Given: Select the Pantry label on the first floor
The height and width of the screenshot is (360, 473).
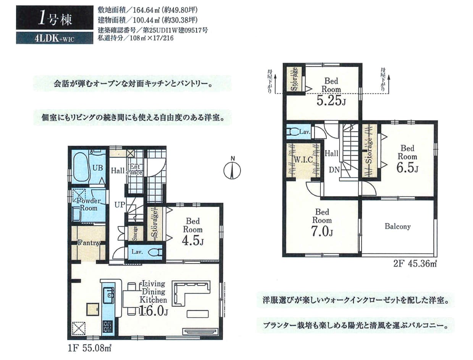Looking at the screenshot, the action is coord(89,243).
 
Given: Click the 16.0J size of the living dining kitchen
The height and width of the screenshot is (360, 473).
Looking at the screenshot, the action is coord(153,311).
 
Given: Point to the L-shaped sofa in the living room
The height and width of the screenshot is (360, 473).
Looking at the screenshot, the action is coord(191,292).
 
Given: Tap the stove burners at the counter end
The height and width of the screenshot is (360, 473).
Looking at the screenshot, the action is coord(108,327).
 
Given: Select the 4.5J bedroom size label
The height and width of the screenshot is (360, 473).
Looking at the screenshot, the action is coord(193,241).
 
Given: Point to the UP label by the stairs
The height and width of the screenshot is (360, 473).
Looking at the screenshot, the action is coord(120,205).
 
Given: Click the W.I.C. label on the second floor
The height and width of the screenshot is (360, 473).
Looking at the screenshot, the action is coord(303,160).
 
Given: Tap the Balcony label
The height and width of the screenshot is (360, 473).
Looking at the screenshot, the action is coord(397,226).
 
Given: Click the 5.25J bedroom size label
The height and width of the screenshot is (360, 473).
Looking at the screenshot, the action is coord(331,101).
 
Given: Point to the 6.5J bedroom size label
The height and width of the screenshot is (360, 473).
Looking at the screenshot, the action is coord(407,168).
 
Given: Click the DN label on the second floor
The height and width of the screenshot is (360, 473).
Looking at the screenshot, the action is coord(334,170).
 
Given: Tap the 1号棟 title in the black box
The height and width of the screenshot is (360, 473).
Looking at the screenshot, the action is coord(55,20).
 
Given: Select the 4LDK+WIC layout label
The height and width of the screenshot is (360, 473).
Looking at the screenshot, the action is coord(54,39).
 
